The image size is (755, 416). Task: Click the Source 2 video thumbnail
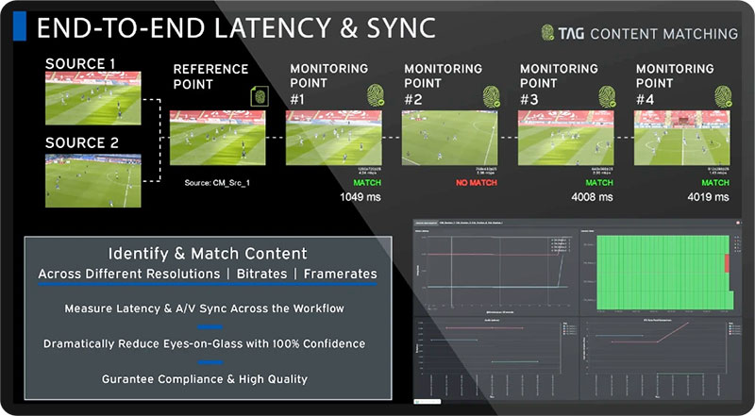point(92,180)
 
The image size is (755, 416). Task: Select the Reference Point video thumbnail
point(217,138)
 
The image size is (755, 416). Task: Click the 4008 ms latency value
point(593,197)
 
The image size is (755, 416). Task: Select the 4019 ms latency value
point(709,197)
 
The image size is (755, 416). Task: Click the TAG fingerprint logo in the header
point(550,33)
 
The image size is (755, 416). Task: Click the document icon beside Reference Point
point(259,95)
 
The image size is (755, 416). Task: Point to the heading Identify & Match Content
point(207,254)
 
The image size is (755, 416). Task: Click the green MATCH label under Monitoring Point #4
point(715,183)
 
